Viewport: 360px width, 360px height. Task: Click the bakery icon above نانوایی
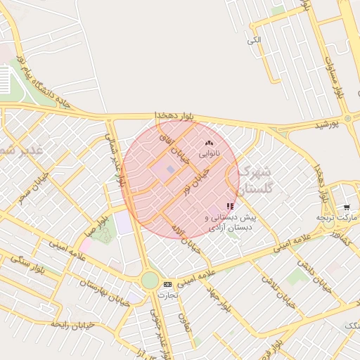209,143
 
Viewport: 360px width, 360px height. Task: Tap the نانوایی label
209,153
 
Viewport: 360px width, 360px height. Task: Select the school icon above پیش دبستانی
230,207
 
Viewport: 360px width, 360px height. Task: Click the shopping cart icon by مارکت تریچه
347,207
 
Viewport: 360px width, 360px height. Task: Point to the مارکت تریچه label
336,218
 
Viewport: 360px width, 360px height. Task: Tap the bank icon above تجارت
167,284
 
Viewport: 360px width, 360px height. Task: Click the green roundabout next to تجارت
150,280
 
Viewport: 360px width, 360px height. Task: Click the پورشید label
325,124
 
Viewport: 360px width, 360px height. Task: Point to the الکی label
254,39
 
